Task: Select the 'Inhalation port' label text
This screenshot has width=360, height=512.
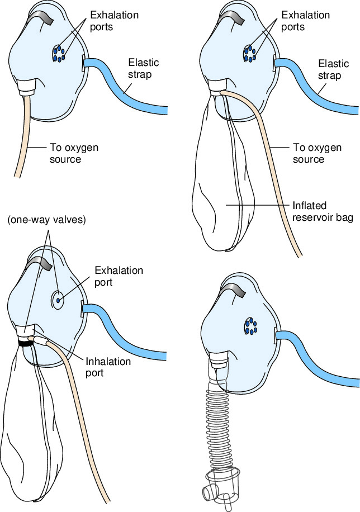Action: (x=108, y=367)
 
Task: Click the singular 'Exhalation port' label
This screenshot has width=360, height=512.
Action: (x=119, y=276)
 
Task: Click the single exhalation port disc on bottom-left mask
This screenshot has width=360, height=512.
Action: (x=58, y=300)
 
